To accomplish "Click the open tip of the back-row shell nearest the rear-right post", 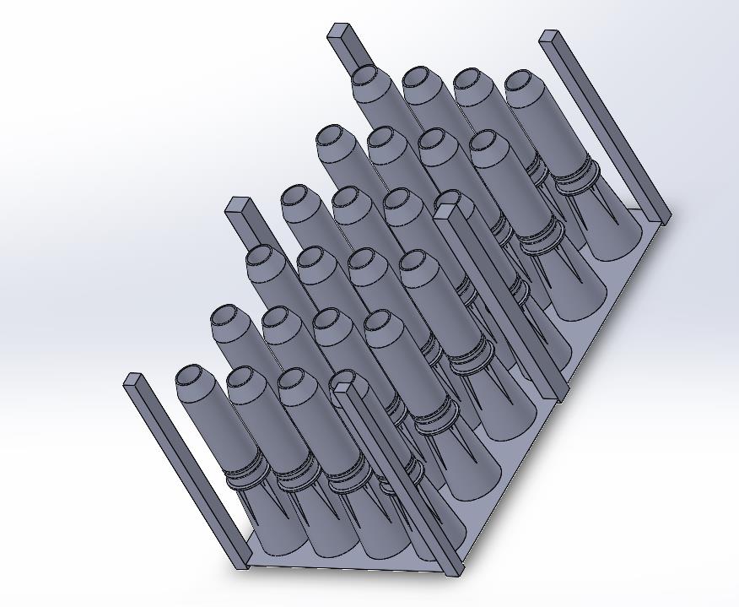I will click(x=523, y=81).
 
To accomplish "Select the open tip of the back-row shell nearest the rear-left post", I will click(x=365, y=74).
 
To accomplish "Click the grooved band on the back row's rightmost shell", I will click(x=576, y=178).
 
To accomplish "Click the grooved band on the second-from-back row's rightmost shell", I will click(x=541, y=234).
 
